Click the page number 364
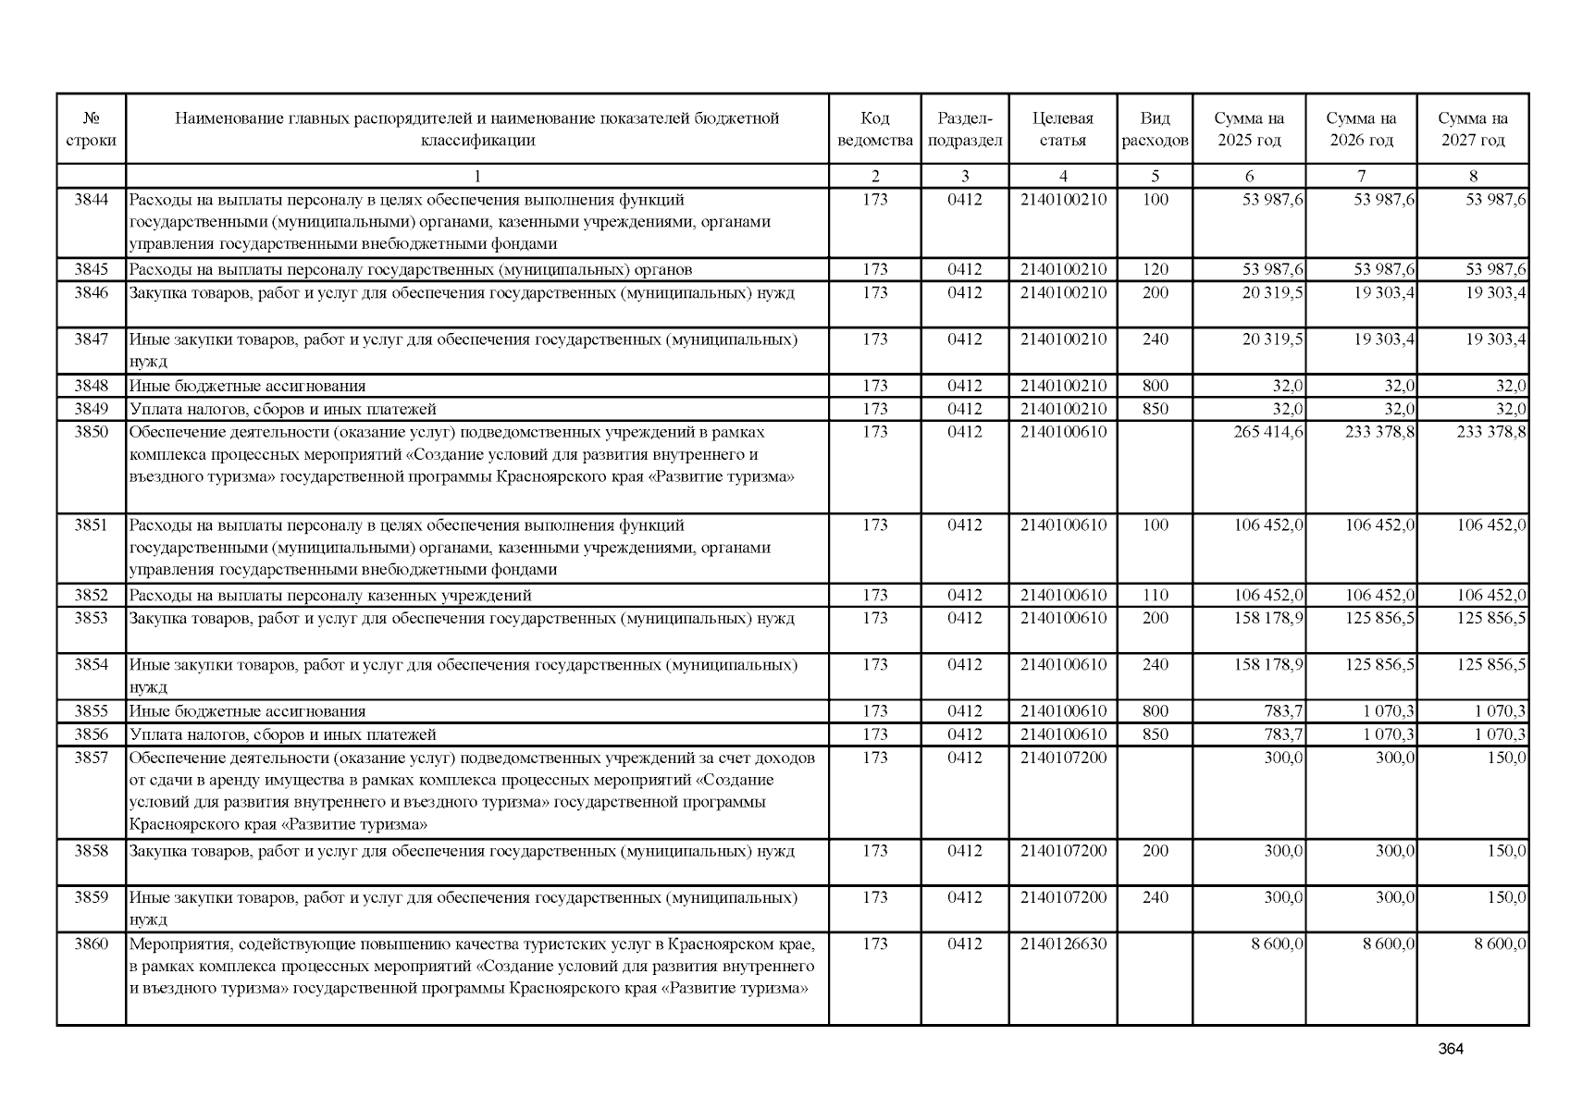[1451, 1049]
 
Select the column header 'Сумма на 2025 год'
[1249, 129]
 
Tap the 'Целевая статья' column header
[1062, 129]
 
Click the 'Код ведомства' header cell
[874, 129]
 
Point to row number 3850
[91, 432]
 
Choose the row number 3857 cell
[91, 758]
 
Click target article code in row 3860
[1063, 943]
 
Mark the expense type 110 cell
[1155, 595]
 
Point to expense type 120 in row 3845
[1155, 269]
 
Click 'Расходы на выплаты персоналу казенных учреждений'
[330, 595]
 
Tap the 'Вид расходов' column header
[1155, 129]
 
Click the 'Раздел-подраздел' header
[964, 129]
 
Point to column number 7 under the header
[1361, 176]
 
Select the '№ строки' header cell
[91, 129]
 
